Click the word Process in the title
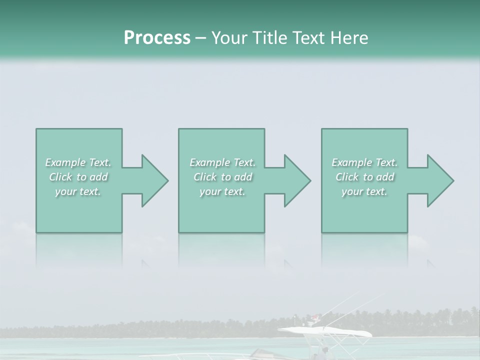point(157,38)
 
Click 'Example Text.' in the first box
point(78,162)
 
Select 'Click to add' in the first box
point(78,177)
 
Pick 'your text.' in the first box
point(78,191)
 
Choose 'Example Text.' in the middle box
point(222,162)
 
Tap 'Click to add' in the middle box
point(222,177)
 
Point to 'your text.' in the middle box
point(222,191)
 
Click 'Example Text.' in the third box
point(364,162)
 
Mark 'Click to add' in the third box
point(364,177)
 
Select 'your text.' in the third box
point(364,191)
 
